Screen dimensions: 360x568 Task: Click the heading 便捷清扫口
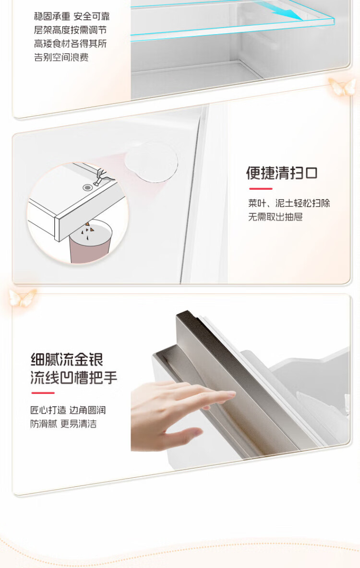282,173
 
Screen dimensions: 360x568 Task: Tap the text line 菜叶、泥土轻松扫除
289,203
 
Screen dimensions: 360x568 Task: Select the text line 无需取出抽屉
275,217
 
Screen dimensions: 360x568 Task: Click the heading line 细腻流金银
67,360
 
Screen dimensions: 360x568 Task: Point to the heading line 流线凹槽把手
74,377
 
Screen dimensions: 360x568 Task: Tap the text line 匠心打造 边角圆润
68,410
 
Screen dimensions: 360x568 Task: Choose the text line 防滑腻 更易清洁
63,424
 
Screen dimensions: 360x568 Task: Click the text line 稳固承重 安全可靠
72,16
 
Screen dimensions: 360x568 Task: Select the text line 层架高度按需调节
70,30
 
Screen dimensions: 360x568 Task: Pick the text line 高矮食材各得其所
70,44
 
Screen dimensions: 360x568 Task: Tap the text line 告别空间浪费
61,57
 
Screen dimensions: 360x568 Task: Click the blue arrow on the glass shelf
290,13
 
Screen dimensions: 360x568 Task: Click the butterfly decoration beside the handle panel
23,298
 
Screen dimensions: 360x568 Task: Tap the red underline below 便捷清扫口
261,189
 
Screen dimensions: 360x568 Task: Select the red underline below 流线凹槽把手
43,393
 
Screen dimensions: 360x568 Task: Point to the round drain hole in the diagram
87,188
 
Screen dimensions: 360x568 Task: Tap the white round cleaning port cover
151,161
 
